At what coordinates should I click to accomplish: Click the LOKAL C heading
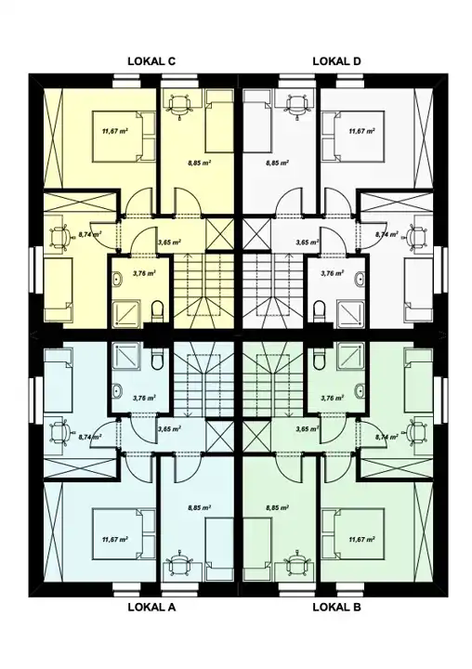coord(151,61)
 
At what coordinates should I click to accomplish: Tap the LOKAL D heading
coord(336,61)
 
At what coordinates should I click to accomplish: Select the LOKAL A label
coord(151,607)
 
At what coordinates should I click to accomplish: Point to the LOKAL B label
coord(336,607)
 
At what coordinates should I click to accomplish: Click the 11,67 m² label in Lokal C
coord(115,131)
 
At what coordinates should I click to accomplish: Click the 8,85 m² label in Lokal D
coord(278,163)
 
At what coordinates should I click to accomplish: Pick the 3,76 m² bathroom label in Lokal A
coord(144,398)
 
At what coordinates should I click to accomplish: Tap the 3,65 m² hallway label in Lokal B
coord(308,429)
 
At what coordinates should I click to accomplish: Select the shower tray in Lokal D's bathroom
coord(350,314)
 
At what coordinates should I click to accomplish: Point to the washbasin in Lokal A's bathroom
coord(117,390)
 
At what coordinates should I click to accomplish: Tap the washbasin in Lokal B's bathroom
coord(360,390)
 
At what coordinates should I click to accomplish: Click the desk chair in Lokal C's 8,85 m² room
coord(178,105)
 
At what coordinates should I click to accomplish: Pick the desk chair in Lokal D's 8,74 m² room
coord(417,236)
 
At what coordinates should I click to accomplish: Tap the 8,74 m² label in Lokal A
coord(90,437)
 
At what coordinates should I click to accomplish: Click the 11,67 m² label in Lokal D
coord(361,131)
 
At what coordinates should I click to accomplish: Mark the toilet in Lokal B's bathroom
coord(319,360)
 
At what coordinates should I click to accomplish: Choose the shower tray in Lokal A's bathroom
coord(126,356)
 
